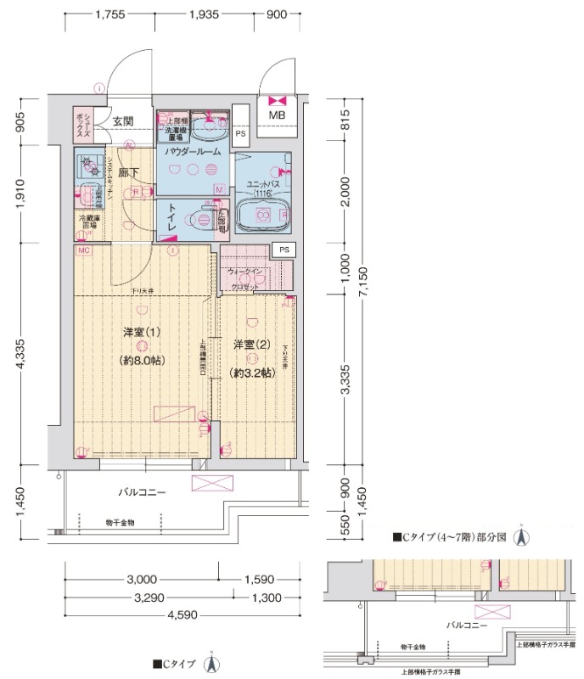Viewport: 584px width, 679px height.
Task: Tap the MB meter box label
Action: tap(278, 115)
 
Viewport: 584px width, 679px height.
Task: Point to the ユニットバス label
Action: tap(259, 184)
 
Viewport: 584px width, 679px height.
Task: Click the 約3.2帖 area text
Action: tap(250, 373)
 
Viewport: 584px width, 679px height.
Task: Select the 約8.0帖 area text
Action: tap(142, 360)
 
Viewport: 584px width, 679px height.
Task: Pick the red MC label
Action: tap(84, 251)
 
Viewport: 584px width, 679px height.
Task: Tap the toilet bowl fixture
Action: tap(203, 218)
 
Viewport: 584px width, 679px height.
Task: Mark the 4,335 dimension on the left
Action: tap(25, 354)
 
